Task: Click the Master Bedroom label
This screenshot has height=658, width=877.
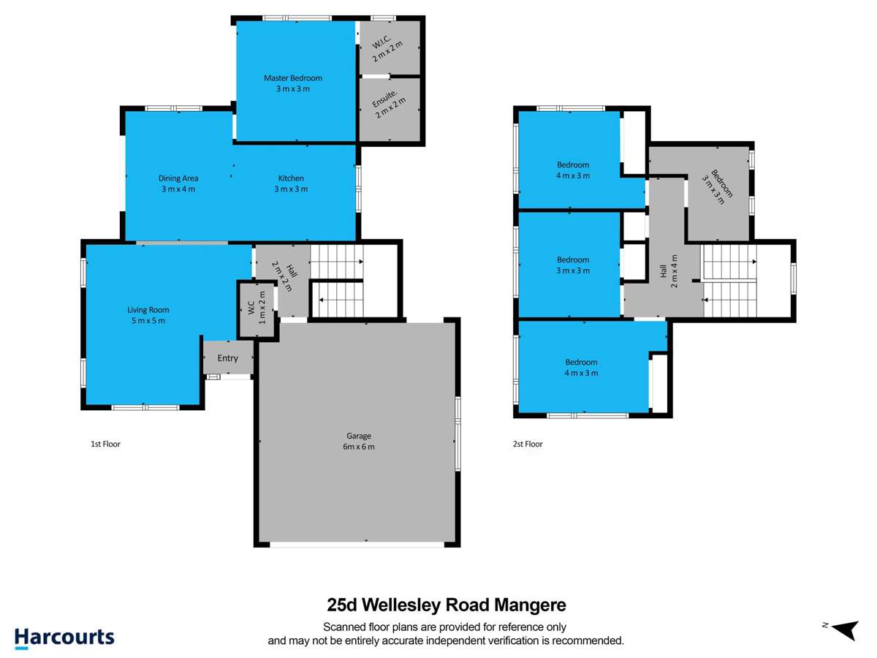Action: [x=293, y=78]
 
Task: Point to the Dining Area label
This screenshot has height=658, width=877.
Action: [x=178, y=178]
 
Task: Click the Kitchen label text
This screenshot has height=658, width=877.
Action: [x=291, y=178]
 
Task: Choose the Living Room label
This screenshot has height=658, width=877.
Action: [x=148, y=310]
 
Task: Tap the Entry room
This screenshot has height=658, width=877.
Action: [x=228, y=358]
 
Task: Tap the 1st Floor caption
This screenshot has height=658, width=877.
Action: [x=105, y=444]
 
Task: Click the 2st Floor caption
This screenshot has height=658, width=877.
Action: [x=528, y=444]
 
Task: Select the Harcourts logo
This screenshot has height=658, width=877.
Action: [x=64, y=637]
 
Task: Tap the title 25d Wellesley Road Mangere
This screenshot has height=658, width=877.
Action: [x=446, y=605]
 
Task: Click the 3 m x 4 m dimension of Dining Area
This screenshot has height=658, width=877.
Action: [x=178, y=189]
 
